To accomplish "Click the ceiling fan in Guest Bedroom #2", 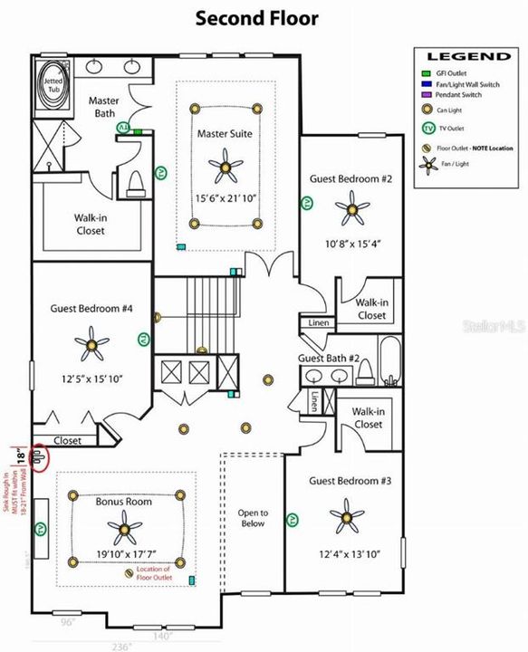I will pyautogui.click(x=351, y=210).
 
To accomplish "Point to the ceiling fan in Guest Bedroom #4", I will pyautogui.click(x=91, y=345).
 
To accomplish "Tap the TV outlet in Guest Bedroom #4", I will pyautogui.click(x=143, y=340).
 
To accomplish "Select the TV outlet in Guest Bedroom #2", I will pyautogui.click(x=307, y=204).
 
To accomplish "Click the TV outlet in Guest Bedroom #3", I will pyautogui.click(x=293, y=520).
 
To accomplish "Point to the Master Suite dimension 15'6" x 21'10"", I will pyautogui.click(x=226, y=198).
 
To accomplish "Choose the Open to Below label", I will pyautogui.click(x=253, y=517).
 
